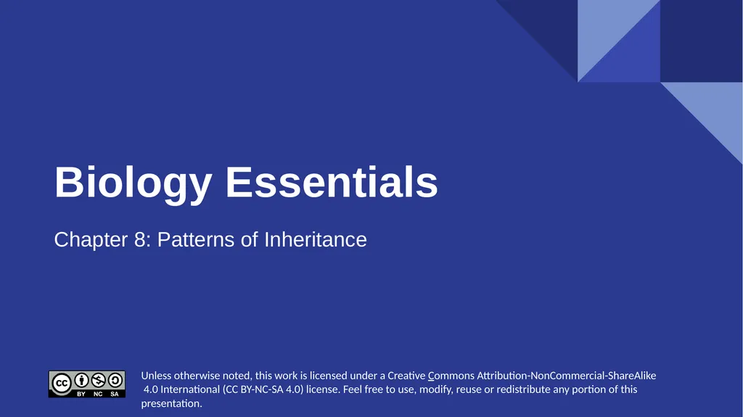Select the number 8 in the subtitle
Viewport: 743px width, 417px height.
click(141, 239)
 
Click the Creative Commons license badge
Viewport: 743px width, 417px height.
click(87, 384)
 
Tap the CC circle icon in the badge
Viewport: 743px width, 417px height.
click(62, 381)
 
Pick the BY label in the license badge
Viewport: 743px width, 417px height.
click(82, 394)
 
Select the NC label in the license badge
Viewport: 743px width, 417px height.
click(99, 394)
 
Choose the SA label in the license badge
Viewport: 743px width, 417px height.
click(115, 394)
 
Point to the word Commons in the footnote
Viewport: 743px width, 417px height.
click(451, 376)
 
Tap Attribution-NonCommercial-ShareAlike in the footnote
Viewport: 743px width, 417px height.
click(566, 376)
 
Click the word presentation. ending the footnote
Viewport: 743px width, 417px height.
click(171, 403)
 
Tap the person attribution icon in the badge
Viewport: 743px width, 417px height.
click(82, 380)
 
